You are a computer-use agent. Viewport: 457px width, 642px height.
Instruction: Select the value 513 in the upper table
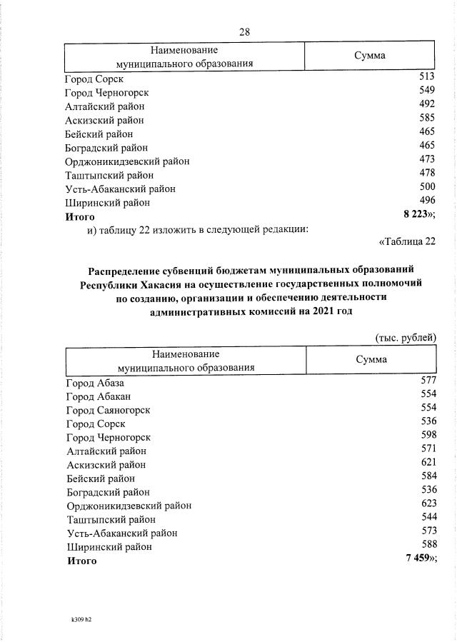point(427,78)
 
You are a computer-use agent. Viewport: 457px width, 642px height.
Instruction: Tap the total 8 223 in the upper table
point(418,214)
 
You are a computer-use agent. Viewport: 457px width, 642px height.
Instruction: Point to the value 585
point(427,119)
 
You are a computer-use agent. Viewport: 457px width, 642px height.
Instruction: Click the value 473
point(427,160)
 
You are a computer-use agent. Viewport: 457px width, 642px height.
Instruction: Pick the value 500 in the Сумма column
point(427,188)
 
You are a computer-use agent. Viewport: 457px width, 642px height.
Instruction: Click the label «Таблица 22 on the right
point(407,241)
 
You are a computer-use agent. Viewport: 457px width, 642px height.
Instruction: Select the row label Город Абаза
point(95,383)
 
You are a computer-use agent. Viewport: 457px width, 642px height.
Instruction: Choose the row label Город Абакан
point(99,396)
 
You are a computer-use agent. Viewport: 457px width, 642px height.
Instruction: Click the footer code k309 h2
point(76,620)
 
